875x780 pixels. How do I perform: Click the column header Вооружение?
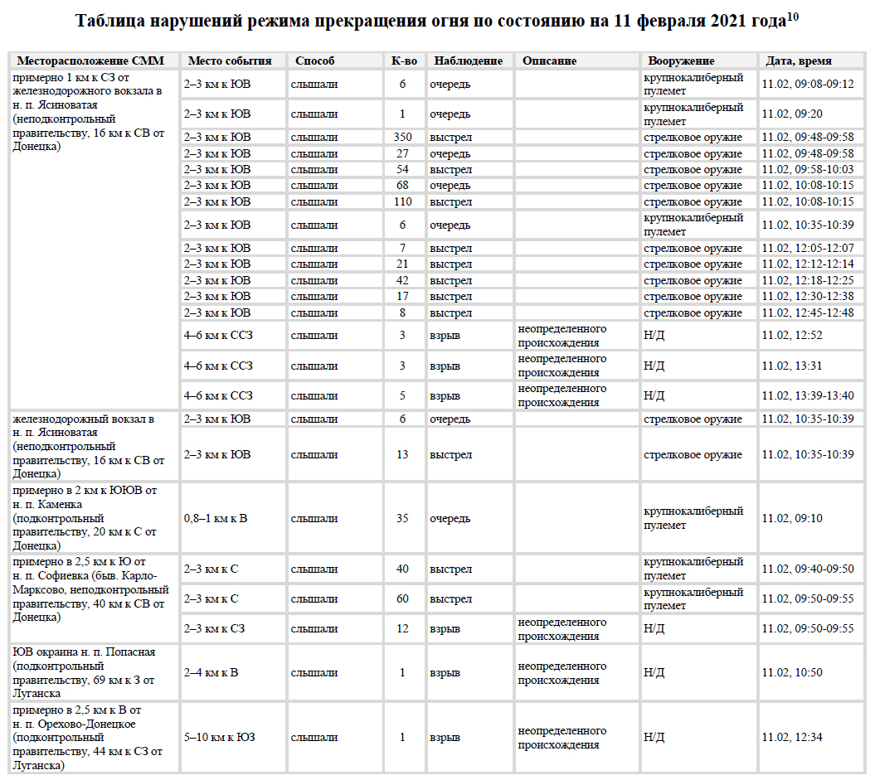point(681,61)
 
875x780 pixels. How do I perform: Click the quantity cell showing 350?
point(403,138)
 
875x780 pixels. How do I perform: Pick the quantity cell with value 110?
point(403,202)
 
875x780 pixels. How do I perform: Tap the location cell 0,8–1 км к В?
point(216,519)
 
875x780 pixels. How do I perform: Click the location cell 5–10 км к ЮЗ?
point(219,738)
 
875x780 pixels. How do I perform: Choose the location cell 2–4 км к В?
point(211,673)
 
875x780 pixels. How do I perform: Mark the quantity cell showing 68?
point(403,186)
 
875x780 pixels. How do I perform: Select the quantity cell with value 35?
point(403,519)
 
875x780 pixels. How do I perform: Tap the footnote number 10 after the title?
point(793,16)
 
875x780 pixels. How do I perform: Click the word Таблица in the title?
point(108,21)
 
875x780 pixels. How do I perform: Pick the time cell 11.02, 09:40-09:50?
point(807,569)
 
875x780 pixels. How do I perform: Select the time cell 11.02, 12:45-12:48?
point(807,313)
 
